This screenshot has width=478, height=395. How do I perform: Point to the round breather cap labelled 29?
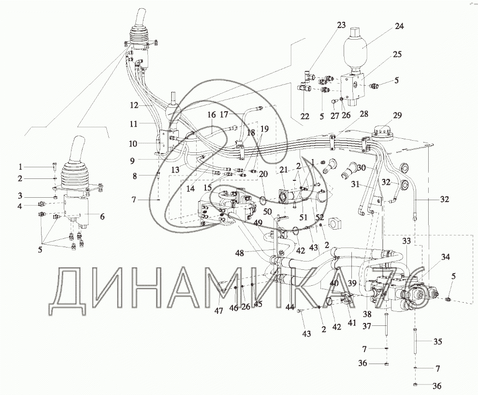click(x=382, y=133)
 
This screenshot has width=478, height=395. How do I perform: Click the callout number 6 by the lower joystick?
click(x=102, y=217)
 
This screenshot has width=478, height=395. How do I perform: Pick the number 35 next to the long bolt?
click(x=437, y=341)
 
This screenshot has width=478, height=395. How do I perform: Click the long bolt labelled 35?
click(x=416, y=341)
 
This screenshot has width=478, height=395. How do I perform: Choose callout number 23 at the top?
click(x=341, y=25)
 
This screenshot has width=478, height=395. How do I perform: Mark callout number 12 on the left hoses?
click(x=134, y=105)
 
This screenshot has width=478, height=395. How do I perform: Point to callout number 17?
click(x=224, y=115)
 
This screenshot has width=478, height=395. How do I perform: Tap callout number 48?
click(x=240, y=253)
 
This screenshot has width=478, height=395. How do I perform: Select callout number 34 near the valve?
click(x=445, y=257)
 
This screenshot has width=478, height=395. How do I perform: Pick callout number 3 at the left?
click(x=20, y=195)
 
